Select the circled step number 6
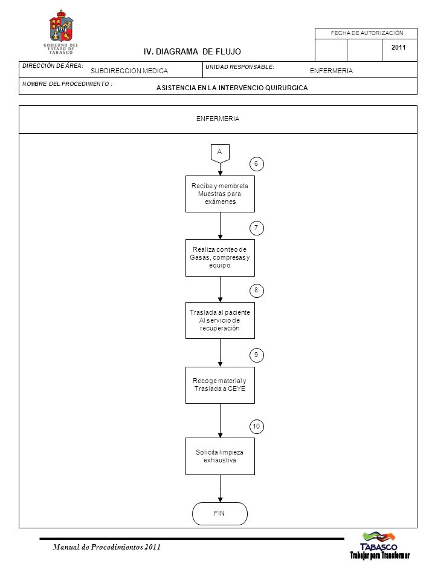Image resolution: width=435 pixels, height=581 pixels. (x=256, y=164)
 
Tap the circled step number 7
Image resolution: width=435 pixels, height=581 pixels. (x=256, y=228)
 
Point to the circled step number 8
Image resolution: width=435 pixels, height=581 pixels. (x=256, y=290)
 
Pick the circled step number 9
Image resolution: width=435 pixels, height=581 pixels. (x=256, y=355)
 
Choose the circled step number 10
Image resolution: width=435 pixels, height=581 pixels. (x=256, y=427)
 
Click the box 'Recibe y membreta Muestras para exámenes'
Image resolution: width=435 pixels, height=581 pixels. (x=220, y=194)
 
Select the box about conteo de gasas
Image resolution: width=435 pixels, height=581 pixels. (x=220, y=258)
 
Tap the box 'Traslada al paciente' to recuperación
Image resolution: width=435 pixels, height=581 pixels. (x=220, y=321)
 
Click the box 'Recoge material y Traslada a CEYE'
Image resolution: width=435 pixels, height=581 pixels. (x=220, y=385)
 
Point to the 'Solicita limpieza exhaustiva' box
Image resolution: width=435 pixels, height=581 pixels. (x=220, y=456)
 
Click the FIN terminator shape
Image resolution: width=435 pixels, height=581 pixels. (x=220, y=514)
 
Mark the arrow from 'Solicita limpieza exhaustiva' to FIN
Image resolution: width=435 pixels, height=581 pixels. (x=220, y=489)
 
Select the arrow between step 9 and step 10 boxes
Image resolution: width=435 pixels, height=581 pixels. (x=220, y=421)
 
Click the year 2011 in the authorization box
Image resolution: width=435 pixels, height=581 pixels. (x=398, y=47)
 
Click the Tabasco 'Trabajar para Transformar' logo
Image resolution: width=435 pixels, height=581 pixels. (x=380, y=545)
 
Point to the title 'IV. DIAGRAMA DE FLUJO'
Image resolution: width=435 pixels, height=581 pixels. (x=192, y=51)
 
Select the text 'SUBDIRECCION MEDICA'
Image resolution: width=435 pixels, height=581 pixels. (x=129, y=71)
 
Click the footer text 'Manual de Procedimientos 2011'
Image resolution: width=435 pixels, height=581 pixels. (x=106, y=547)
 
